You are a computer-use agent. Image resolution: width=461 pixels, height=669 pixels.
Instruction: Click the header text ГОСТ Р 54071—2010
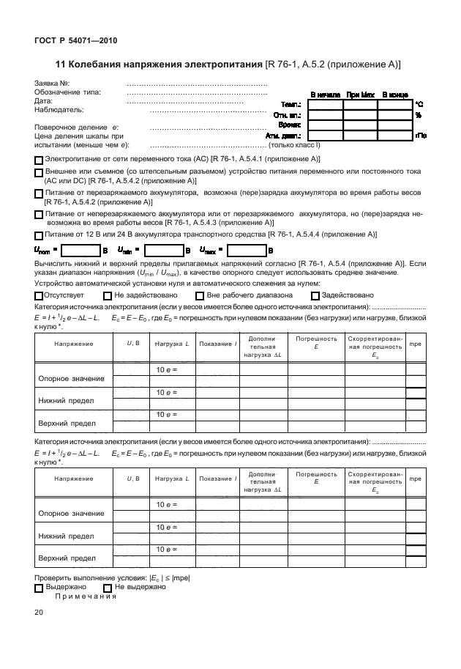pyautogui.click(x=76, y=41)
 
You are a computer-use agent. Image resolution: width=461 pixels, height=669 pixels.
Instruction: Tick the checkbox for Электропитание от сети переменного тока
pyautogui.click(x=39, y=159)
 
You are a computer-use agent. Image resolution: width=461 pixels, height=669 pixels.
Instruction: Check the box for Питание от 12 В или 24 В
pyautogui.click(x=39, y=234)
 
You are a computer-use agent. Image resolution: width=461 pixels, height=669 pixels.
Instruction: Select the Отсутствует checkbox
pyautogui.click(x=39, y=295)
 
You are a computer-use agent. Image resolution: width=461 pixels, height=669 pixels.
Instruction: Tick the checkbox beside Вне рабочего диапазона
pyautogui.click(x=199, y=295)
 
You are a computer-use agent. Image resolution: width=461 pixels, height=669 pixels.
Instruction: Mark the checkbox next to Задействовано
pyautogui.click(x=315, y=295)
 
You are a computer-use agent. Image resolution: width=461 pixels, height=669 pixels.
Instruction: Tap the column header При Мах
pyautogui.click(x=361, y=95)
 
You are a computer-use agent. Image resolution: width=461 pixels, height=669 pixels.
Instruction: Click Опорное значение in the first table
pyautogui.click(x=71, y=378)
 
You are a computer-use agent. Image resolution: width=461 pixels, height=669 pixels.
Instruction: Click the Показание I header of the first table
pyautogui.click(x=216, y=343)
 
